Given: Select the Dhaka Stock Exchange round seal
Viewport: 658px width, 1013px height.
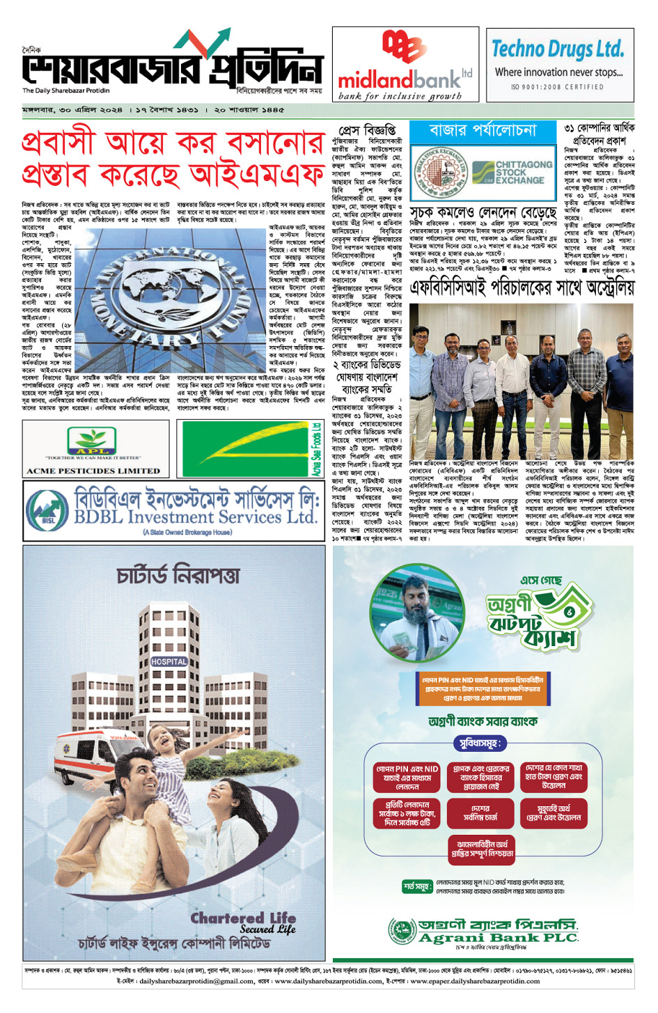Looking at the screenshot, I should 441,173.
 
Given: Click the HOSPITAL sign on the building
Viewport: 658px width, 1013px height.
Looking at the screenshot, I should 169,661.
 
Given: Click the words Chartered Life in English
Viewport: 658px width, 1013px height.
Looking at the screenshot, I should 243,918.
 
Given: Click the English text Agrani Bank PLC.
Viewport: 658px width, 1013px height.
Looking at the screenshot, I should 499,938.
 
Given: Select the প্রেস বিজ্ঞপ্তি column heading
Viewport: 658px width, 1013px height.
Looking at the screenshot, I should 367,130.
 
